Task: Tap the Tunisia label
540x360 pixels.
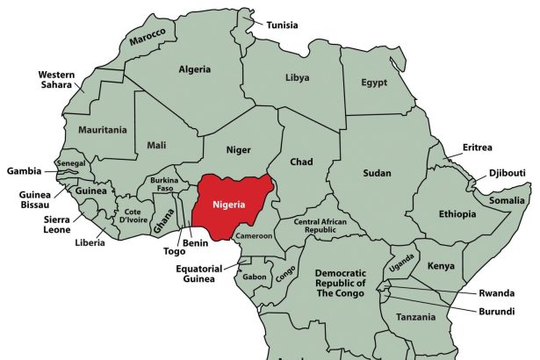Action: [x=282, y=25]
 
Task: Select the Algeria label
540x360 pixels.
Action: [x=194, y=68]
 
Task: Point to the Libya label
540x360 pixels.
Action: [x=298, y=77]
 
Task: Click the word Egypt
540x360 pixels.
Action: [x=375, y=83]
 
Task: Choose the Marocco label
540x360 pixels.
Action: [x=148, y=36]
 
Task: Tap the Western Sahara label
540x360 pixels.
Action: [x=55, y=81]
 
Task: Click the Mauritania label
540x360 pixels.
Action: [x=102, y=129]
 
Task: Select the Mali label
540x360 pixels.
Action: [x=156, y=145]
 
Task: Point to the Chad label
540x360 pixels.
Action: [x=302, y=162]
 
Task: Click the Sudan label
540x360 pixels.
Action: [x=377, y=173]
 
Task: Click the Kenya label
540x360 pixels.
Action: [x=440, y=265]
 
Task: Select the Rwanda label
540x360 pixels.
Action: [x=496, y=293]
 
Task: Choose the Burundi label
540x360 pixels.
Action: [x=496, y=311]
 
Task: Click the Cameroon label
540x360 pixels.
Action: [x=254, y=235]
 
